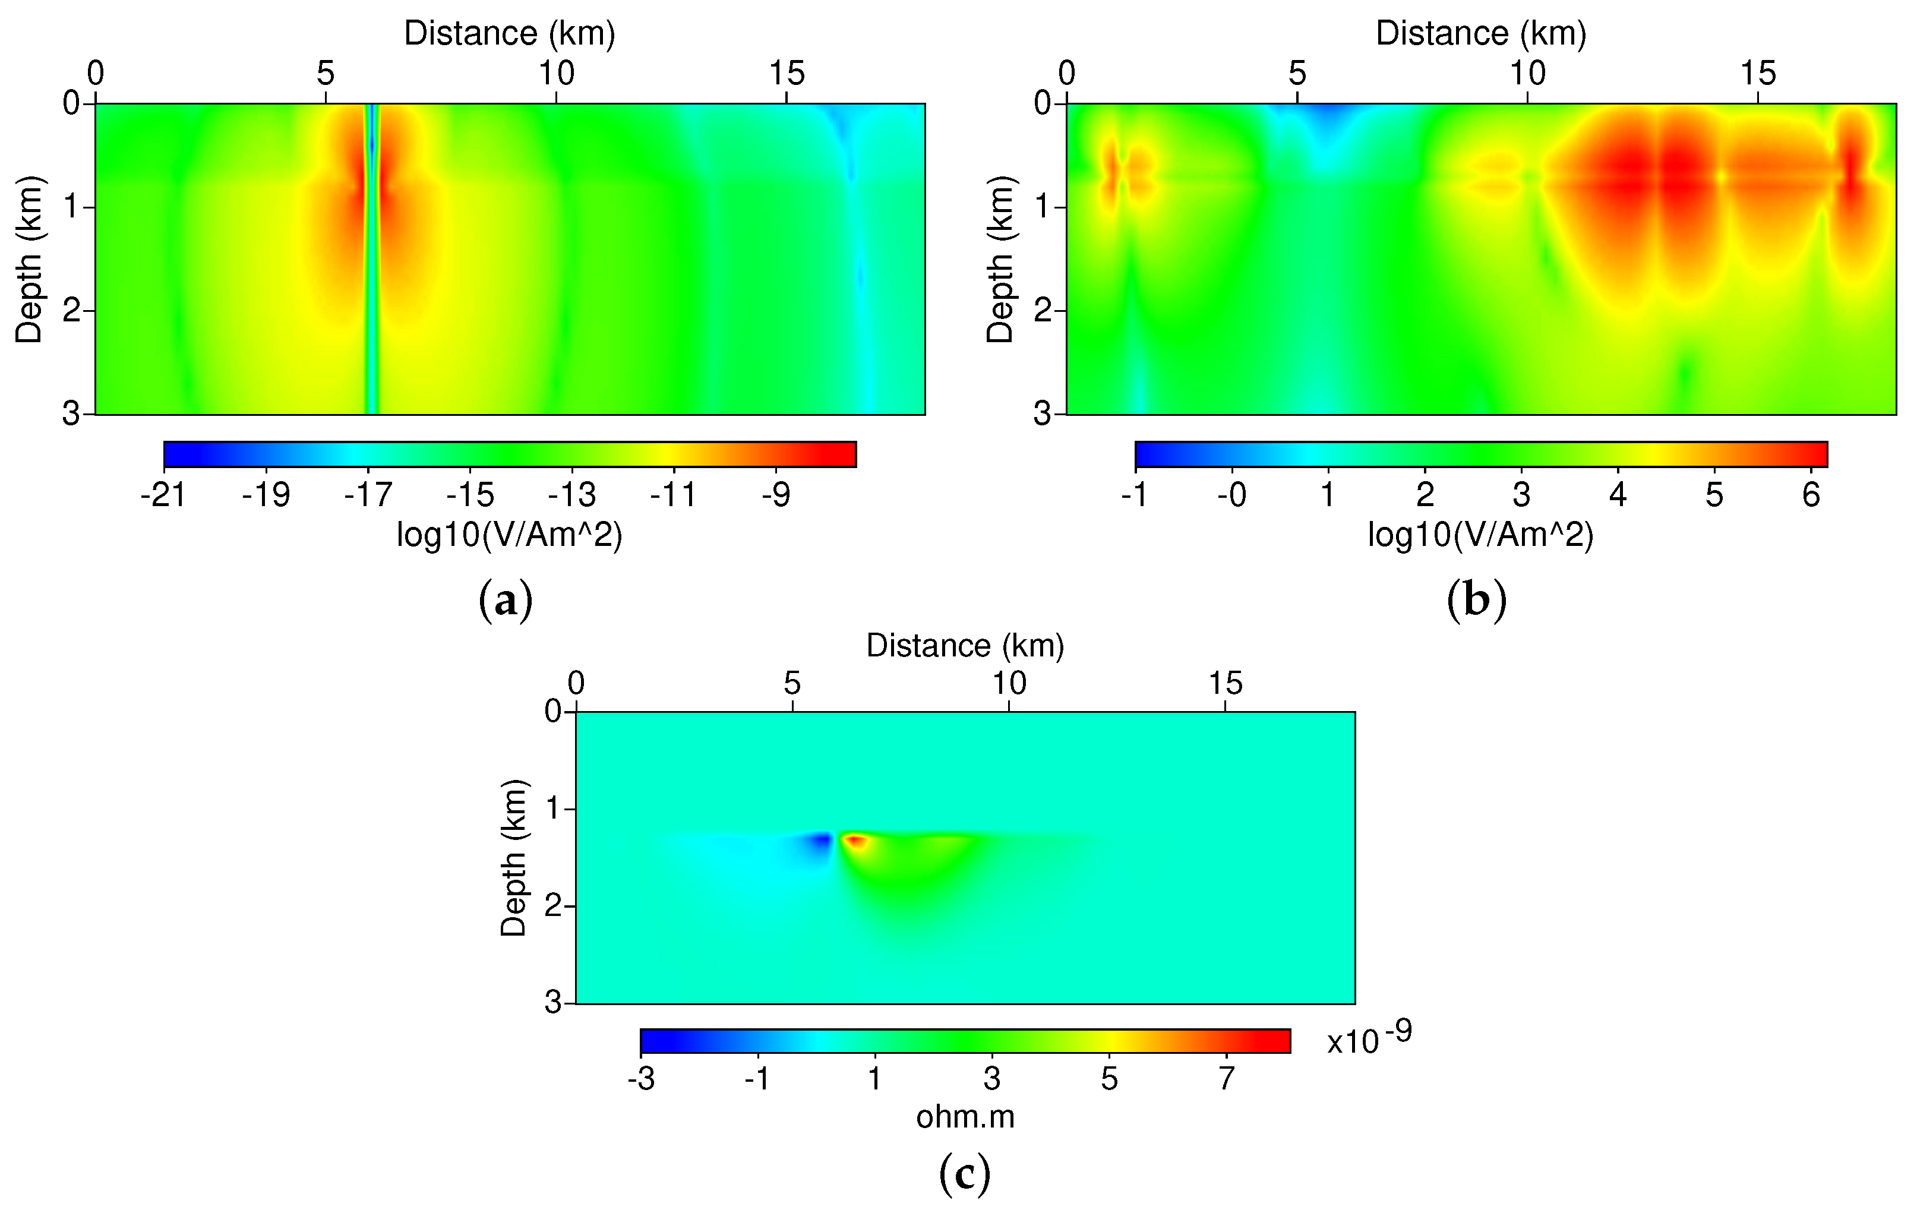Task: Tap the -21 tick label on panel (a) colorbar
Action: click(163, 495)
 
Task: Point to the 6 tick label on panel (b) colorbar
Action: click(1811, 495)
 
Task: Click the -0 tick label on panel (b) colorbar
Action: click(1231, 495)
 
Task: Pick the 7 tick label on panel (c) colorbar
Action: click(1227, 1079)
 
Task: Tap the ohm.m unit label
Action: click(965, 1117)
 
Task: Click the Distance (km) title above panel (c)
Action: click(965, 645)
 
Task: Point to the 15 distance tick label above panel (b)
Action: click(1758, 74)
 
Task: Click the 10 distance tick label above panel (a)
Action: click(555, 74)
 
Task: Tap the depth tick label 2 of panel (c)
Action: click(553, 907)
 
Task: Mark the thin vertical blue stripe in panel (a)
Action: click(371, 263)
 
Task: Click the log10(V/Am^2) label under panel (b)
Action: click(1481, 535)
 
